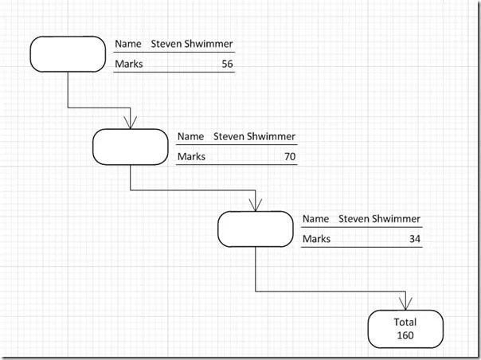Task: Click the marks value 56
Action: tap(227, 64)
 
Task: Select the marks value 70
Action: tap(290, 157)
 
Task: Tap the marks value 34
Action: tap(415, 239)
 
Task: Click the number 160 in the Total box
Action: tap(405, 335)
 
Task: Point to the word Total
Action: tap(405, 322)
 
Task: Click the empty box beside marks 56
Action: tap(68, 54)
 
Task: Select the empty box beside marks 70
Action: tap(131, 147)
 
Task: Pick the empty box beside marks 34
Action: tap(256, 229)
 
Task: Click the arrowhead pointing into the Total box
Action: tap(405, 303)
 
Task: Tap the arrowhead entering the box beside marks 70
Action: tap(131, 123)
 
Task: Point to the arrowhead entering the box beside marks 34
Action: tap(256, 205)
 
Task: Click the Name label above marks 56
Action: tap(128, 44)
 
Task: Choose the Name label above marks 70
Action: tap(190, 136)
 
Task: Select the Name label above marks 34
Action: tap(315, 219)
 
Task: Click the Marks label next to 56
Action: tap(129, 64)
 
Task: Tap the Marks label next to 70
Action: tap(191, 157)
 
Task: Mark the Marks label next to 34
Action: tap(317, 239)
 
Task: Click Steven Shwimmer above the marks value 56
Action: tap(192, 44)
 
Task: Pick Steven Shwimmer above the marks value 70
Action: tap(254, 136)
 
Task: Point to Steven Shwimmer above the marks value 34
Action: tap(379, 219)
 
